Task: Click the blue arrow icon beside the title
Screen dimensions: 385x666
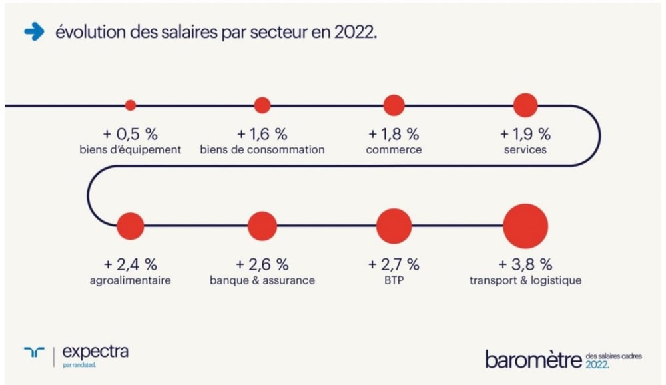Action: (33, 32)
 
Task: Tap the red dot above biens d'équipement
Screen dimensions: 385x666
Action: (131, 105)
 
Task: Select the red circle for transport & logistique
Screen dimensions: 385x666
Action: (525, 226)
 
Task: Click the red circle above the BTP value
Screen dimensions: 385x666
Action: (394, 226)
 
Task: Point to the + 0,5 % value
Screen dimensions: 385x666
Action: (130, 133)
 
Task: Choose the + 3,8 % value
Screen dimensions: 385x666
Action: (525, 264)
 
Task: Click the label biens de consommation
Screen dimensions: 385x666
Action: (262, 149)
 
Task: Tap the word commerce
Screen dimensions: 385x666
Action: (394, 149)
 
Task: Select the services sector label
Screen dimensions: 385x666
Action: (525, 149)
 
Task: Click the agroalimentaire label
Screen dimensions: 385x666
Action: (130, 280)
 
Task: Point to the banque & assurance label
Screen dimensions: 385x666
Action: (262, 280)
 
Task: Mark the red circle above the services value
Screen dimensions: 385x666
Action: (525, 105)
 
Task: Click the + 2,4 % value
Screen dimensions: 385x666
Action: (130, 264)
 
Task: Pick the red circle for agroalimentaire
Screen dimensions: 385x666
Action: (130, 226)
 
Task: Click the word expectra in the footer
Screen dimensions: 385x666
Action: (95, 351)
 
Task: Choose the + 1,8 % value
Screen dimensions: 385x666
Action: (394, 133)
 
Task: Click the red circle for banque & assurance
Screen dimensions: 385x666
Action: (262, 226)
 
